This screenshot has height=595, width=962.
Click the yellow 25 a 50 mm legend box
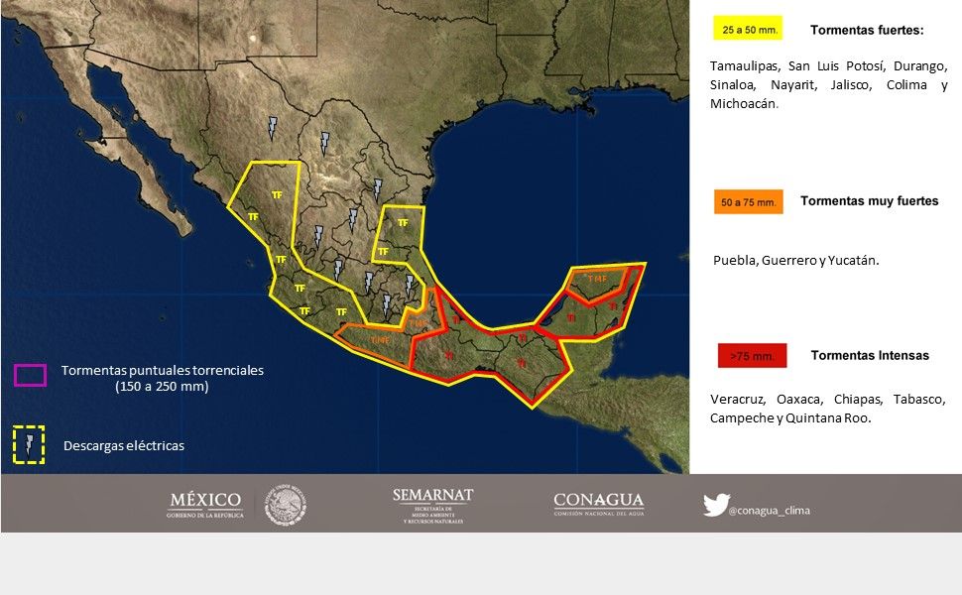(748, 29)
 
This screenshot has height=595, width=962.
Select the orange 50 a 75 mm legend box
(748, 201)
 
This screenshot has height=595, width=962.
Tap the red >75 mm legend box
(752, 355)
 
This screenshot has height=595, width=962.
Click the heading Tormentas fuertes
(866, 30)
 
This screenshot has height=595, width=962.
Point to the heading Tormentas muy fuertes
(869, 200)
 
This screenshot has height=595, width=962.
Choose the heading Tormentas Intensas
(870, 355)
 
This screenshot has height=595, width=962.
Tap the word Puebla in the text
(735, 261)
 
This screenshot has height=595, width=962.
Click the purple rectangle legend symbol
(30, 375)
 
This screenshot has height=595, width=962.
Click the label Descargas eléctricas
(123, 446)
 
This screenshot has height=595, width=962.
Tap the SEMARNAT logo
(432, 505)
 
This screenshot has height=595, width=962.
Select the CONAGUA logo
(598, 504)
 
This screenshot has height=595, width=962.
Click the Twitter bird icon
(714, 505)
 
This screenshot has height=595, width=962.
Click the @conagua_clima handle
(769, 511)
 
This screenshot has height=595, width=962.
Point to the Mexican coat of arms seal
(286, 505)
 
